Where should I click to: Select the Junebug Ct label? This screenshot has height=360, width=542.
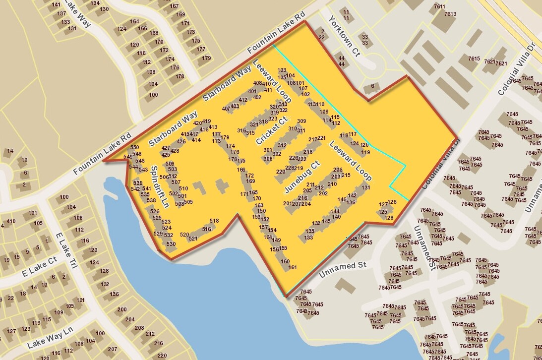pos(302,177)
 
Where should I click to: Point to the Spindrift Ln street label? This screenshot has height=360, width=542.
pos(160,186)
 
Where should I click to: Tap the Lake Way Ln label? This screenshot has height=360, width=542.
pos(50,337)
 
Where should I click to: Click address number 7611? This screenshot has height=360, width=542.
pos(439,6)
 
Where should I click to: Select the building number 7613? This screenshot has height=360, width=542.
pos(450,14)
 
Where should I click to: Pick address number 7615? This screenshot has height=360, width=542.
pos(474,59)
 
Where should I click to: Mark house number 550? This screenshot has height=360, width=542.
pos(135,147)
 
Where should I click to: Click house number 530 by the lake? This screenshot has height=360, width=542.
pos(171,244)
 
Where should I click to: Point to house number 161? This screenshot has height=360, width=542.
pos(293,268)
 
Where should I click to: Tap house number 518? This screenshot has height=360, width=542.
pos(214,221)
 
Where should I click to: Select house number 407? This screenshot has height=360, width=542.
pos(226,108)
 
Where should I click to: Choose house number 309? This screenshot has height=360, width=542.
pos(301,121)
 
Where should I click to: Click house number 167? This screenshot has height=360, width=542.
pos(174,6)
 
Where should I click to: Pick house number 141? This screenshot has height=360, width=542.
pos(56,5)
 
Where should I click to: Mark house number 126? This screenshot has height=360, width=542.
pos(392,202)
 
